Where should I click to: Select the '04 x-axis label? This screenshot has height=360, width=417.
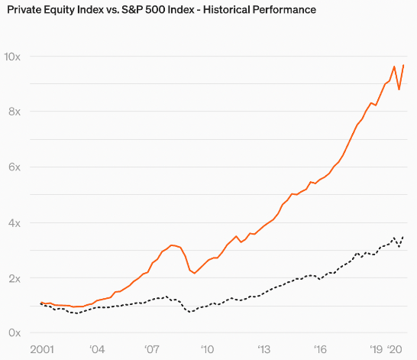97,349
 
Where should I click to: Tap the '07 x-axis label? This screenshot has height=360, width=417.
152,349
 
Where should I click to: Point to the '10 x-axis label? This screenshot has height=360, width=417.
207,349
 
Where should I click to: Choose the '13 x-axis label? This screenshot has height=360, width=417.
263,349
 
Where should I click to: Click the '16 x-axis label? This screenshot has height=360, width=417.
318,349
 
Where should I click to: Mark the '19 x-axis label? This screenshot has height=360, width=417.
377,349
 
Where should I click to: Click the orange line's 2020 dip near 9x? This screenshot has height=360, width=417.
399,89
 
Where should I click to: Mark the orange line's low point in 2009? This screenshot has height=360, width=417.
195,274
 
